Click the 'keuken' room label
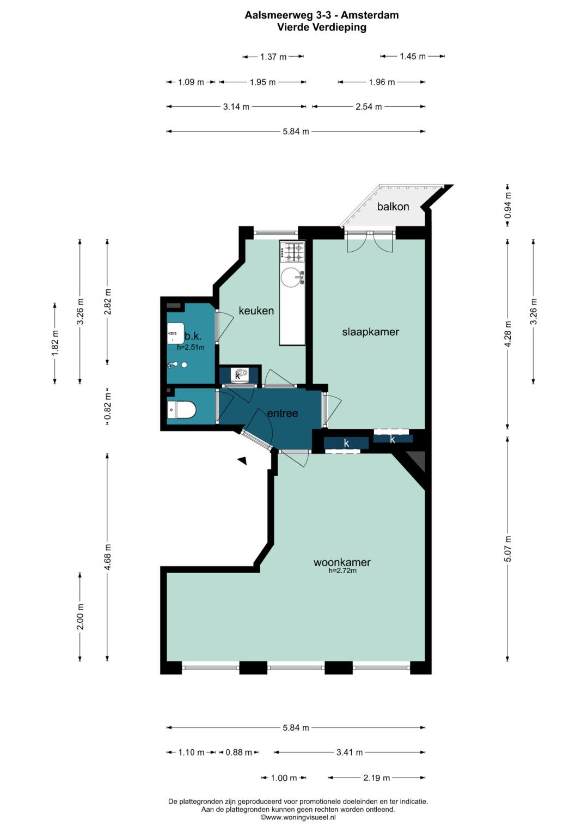pos(256,311)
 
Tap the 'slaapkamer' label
pos(370,332)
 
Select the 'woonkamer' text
pos(342,562)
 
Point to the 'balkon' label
pos(393,207)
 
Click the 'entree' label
pos(283,413)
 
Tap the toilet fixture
pos(181,410)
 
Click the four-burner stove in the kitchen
pos(293,251)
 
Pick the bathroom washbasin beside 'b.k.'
pos(175,332)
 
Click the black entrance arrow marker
pos(242,460)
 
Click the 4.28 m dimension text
pos(508,334)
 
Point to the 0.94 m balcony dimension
pos(508,205)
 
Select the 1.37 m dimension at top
pos(273,57)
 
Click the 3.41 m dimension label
pos(350,752)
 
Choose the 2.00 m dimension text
pos(80,617)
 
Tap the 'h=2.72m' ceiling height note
pos(342,570)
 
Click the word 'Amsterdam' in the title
pos(370,15)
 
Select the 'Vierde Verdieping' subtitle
pos(322,27)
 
